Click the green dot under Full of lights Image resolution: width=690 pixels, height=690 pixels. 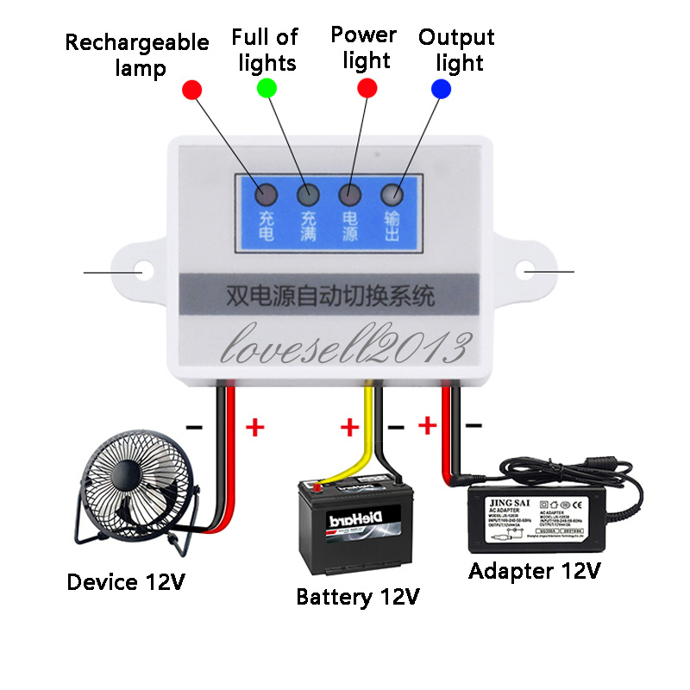267,88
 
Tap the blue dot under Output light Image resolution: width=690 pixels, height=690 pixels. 441,88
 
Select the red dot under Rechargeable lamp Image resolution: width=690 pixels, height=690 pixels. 191,89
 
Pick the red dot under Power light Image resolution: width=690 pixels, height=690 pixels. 367,87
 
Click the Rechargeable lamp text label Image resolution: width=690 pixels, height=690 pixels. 137,54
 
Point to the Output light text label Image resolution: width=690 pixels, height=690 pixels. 456,50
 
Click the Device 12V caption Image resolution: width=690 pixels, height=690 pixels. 126,582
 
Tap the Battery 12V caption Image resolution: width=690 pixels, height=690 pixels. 358,597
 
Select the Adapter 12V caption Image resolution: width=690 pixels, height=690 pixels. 535,571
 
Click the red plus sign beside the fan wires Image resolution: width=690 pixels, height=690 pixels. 255,427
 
